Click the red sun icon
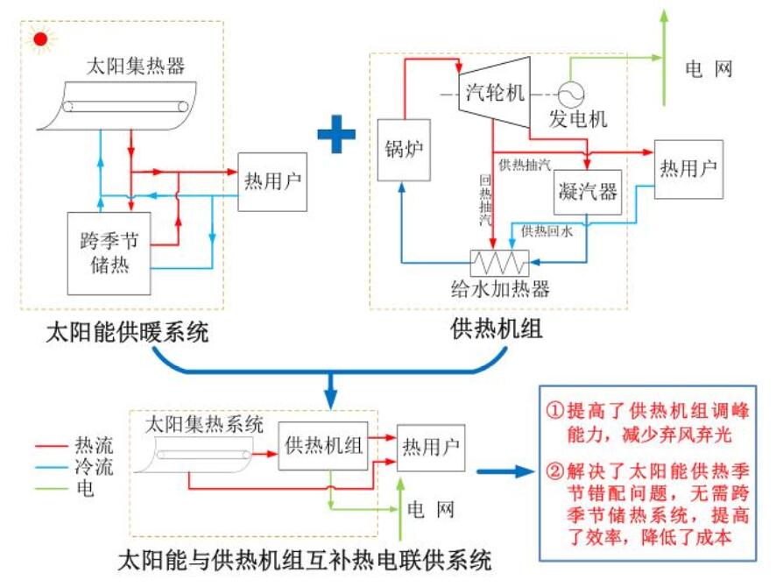click(x=39, y=39)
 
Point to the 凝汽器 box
click(x=588, y=192)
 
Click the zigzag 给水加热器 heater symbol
click(x=498, y=262)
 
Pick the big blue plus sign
click(x=336, y=135)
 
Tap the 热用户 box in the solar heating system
click(x=272, y=181)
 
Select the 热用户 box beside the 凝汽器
click(x=688, y=168)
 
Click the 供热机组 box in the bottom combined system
click(x=324, y=445)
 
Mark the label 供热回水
click(x=548, y=231)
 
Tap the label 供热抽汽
click(x=526, y=165)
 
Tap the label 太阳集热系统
click(x=203, y=424)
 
